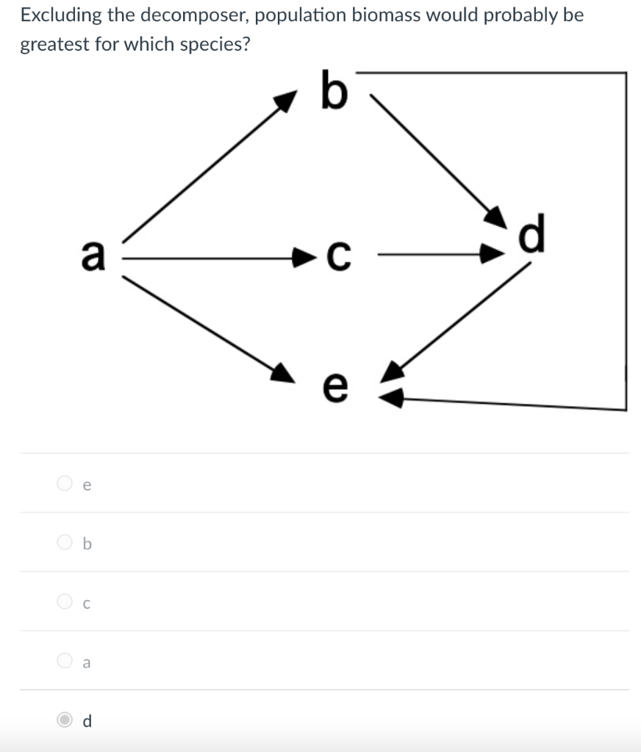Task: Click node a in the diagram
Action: click(93, 255)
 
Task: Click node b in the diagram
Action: click(334, 90)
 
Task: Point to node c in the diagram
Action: click(338, 256)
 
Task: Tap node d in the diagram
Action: click(532, 233)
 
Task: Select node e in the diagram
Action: click(334, 386)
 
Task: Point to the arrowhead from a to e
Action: click(283, 374)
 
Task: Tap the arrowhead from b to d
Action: click(496, 217)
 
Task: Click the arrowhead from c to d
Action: click(493, 253)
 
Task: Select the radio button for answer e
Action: click(65, 483)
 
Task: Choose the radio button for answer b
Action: click(65, 542)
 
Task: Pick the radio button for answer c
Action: click(65, 601)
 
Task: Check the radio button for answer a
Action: click(65, 660)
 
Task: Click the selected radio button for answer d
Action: click(65, 720)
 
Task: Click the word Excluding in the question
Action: click(61, 16)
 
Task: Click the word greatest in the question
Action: click(54, 45)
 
